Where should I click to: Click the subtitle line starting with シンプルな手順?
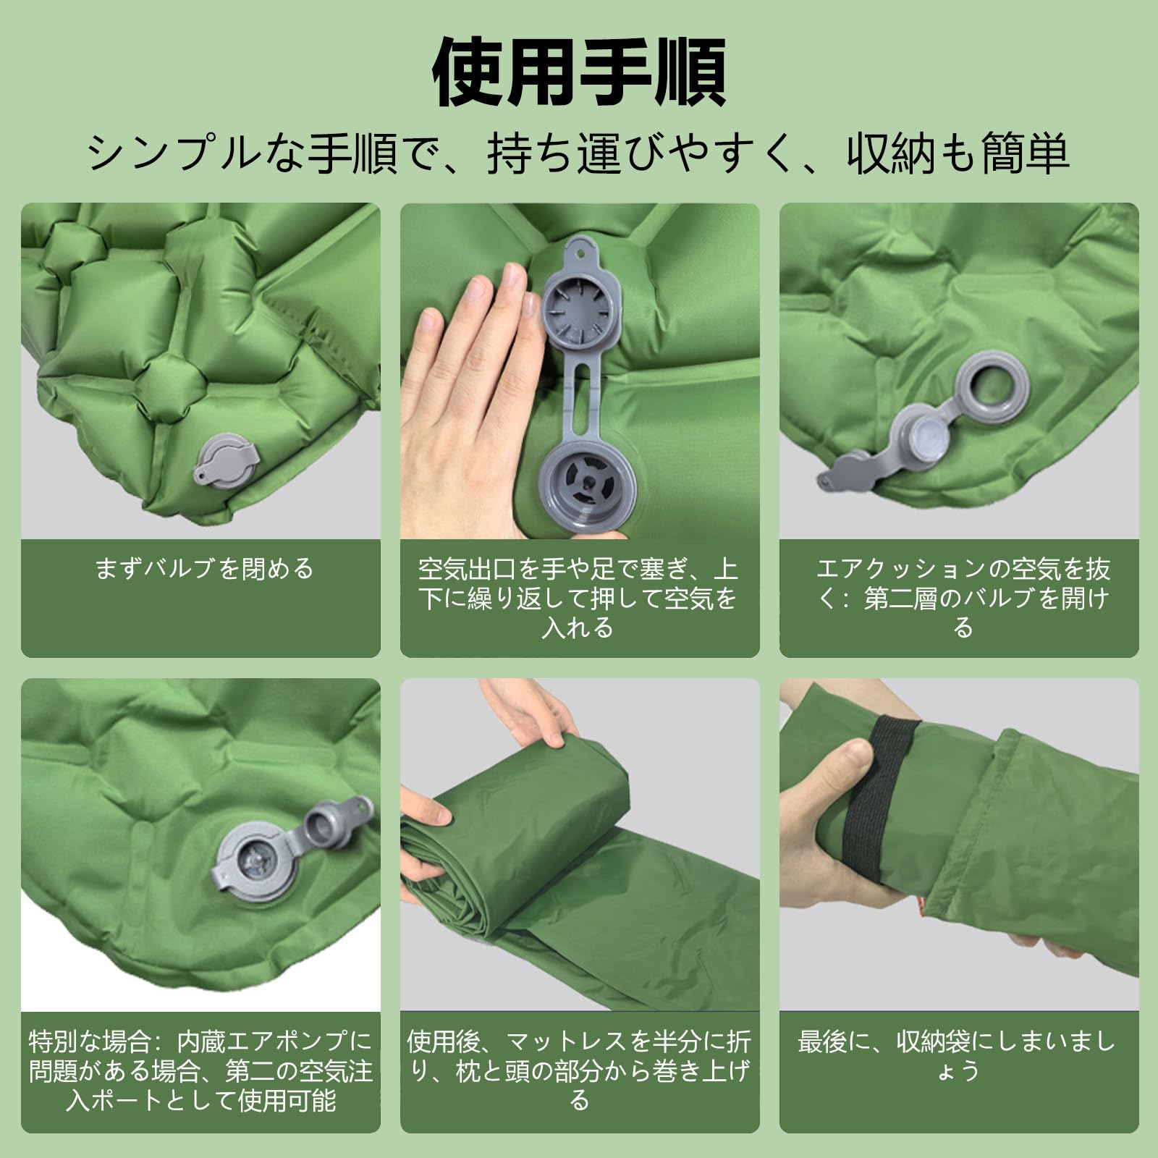579,153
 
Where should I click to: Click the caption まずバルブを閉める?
204,568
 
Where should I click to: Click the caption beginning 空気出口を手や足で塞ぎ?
579,598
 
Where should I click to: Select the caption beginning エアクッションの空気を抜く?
963,598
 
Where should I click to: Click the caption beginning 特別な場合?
200,1071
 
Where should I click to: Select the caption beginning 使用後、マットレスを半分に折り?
579,1071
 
